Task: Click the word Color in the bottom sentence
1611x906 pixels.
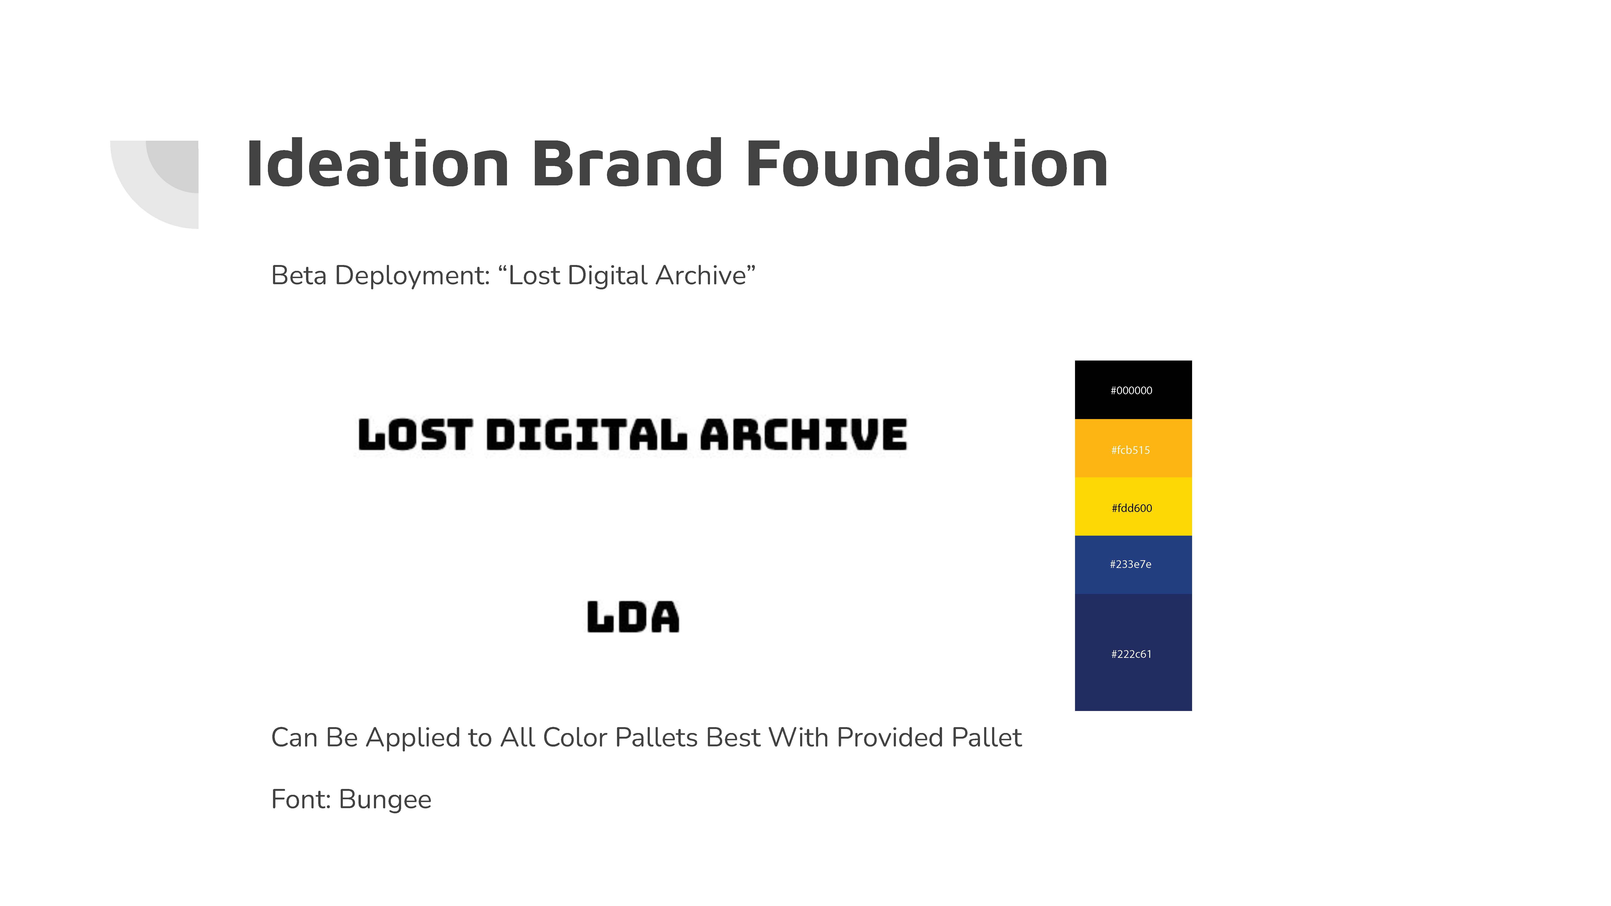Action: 575,738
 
